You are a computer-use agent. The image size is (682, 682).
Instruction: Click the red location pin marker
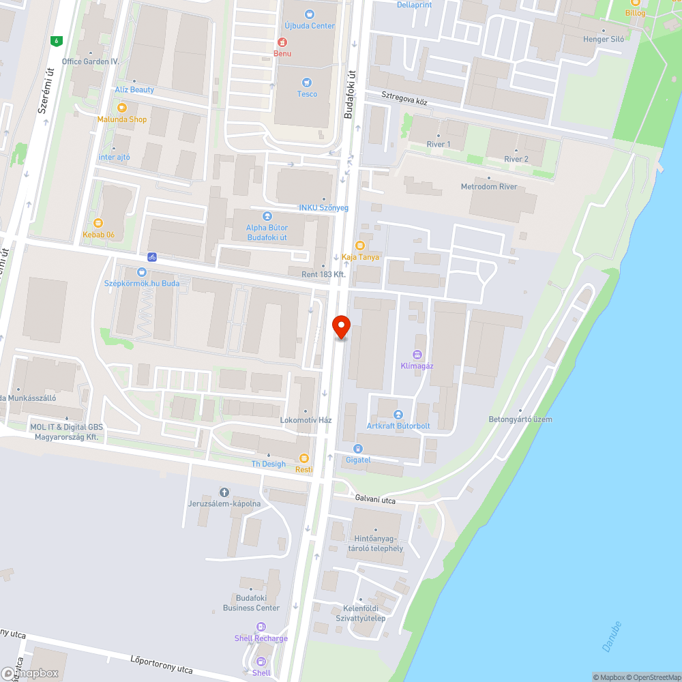coord(340,327)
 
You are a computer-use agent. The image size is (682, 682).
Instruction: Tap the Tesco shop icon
coord(307,82)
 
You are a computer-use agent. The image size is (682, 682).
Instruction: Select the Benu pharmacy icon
coord(282,42)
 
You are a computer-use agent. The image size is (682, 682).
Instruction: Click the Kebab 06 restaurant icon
coord(98,222)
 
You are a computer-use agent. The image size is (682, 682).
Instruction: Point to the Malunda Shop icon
coord(122,108)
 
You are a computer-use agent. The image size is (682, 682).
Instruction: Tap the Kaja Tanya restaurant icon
coord(360,246)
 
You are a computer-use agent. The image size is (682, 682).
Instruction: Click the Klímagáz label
coord(417,366)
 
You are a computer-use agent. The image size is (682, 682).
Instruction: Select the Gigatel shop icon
coord(358,448)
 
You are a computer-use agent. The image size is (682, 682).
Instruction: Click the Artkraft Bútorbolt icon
coord(398,415)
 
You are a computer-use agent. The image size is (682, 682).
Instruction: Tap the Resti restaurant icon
coord(304,458)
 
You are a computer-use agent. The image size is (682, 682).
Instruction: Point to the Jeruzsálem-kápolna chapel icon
coord(224,492)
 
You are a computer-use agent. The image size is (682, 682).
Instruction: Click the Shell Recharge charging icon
coord(261,627)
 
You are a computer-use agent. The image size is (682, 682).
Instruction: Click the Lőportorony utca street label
coord(162,664)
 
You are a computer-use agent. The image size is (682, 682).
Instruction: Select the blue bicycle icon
coord(152,257)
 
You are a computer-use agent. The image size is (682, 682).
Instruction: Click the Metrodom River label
coord(489,186)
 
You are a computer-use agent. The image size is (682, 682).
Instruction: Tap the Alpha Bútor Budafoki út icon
coord(267,216)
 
